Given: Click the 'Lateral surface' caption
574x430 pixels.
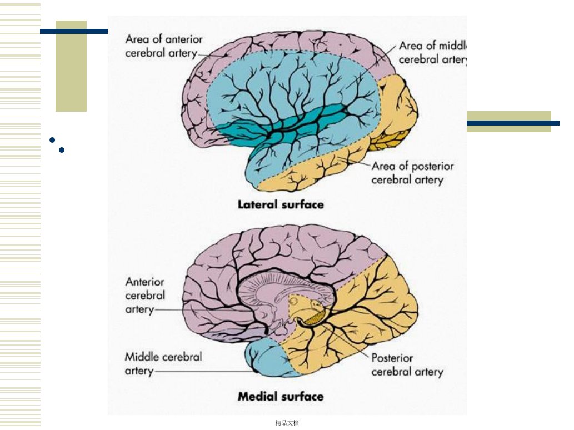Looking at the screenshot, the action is [x=281, y=204].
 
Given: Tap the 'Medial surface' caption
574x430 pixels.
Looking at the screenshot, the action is [x=281, y=396].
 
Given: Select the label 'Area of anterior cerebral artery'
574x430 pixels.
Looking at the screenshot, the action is [x=163, y=46].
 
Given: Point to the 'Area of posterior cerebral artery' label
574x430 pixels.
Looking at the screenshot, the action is [x=412, y=173].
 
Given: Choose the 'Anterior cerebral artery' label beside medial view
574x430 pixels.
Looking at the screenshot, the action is [x=145, y=296].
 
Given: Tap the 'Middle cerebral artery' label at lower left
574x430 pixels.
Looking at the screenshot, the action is [x=163, y=364].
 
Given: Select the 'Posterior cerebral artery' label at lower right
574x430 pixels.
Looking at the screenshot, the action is [x=407, y=365].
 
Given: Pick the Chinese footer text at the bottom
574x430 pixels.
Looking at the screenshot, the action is [x=287, y=423].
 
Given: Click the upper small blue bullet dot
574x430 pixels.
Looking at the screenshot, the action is [x=52, y=140].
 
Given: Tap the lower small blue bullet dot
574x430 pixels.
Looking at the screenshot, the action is [x=62, y=149].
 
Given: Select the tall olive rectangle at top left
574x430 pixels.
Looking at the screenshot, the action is [x=71, y=66].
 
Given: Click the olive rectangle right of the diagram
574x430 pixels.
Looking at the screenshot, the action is [x=509, y=122].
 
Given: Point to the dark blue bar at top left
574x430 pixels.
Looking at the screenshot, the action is [x=73, y=32].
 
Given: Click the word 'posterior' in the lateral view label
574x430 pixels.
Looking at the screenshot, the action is [x=433, y=167].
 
